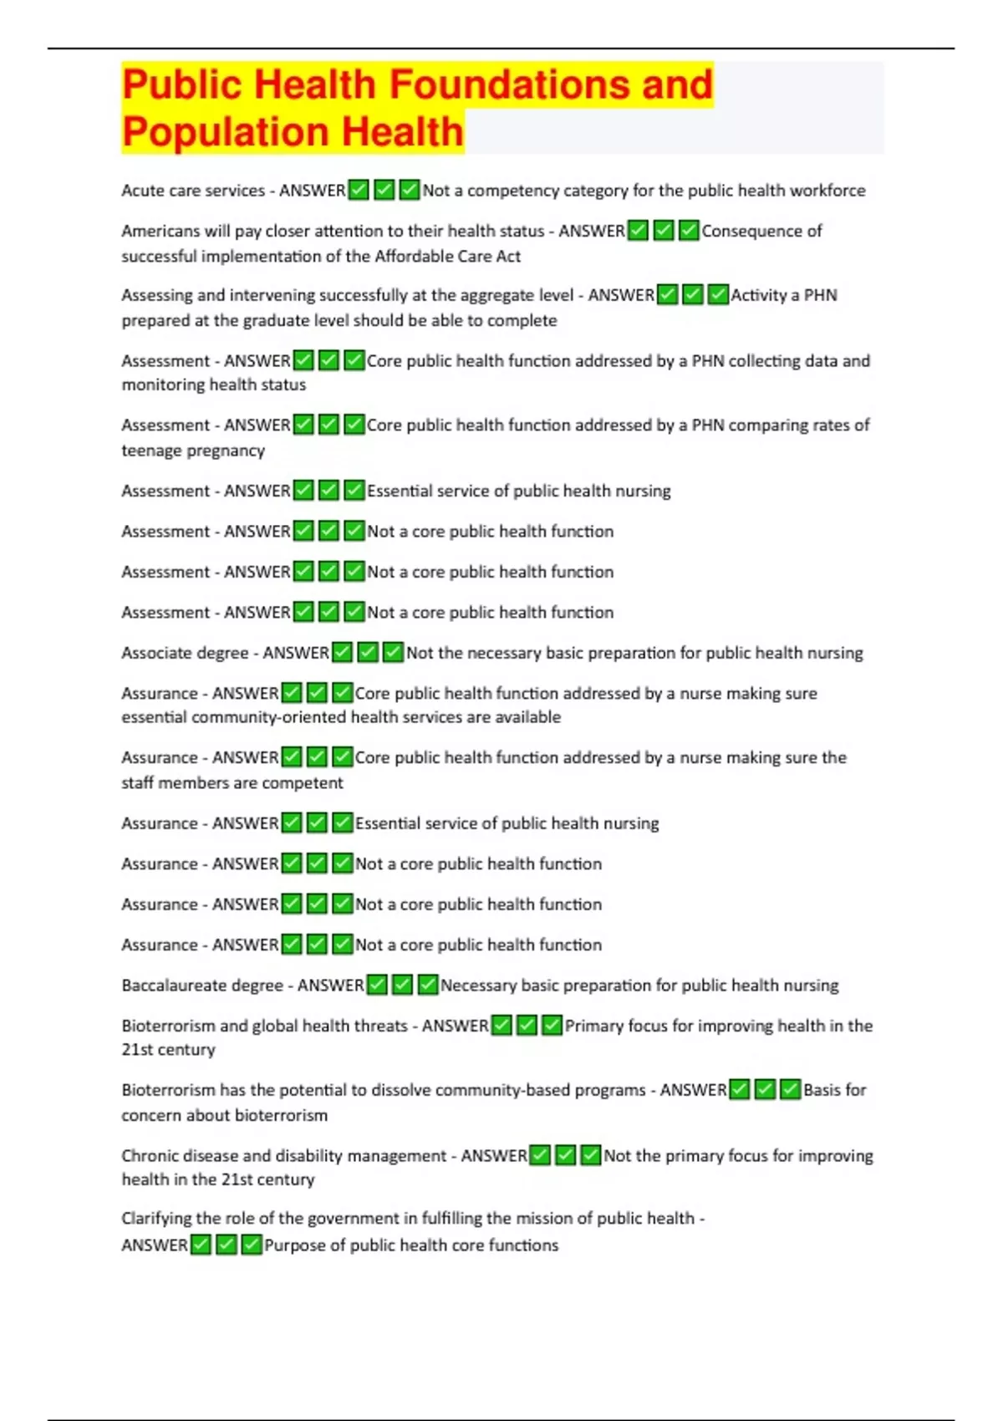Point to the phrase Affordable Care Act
point(447,257)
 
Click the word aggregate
point(473,295)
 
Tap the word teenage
point(150,451)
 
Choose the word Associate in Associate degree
point(155,653)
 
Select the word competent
point(305,783)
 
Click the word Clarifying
point(155,1219)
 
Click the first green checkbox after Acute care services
point(358,191)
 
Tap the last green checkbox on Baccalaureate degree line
point(428,986)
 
